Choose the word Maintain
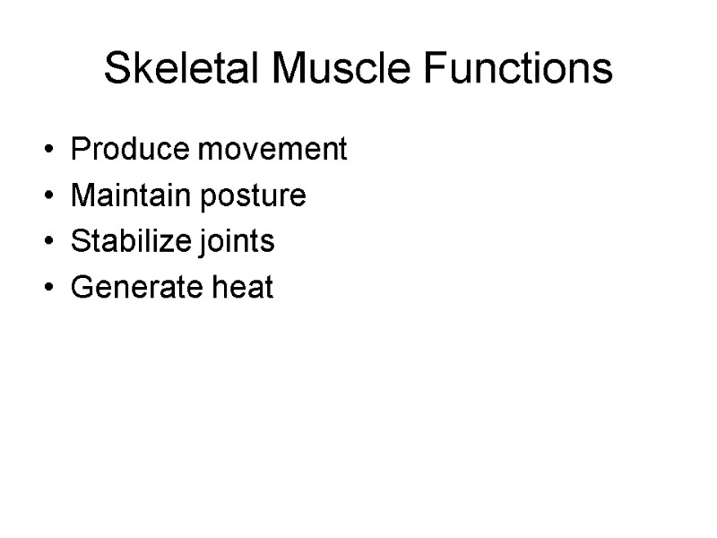pos(134,195)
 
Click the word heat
pos(242,289)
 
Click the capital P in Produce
pos(79,149)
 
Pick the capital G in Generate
pos(80,289)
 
